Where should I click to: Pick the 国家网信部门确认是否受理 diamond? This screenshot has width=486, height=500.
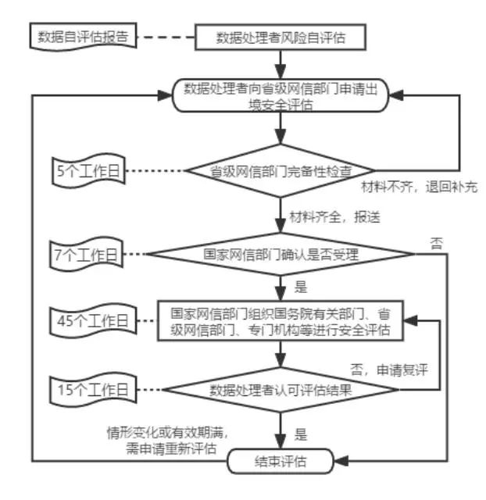pos(281,254)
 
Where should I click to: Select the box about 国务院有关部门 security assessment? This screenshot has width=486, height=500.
pos(281,322)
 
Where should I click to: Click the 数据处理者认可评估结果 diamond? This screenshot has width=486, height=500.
pos(281,390)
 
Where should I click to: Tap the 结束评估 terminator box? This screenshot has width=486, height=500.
pos(281,461)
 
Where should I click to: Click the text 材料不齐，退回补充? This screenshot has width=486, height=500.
pos(418,188)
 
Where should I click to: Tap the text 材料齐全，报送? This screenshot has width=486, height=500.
pos(334,216)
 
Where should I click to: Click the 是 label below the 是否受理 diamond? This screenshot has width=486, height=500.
pos(300,286)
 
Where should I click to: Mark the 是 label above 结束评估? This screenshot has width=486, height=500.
pos(300,432)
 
